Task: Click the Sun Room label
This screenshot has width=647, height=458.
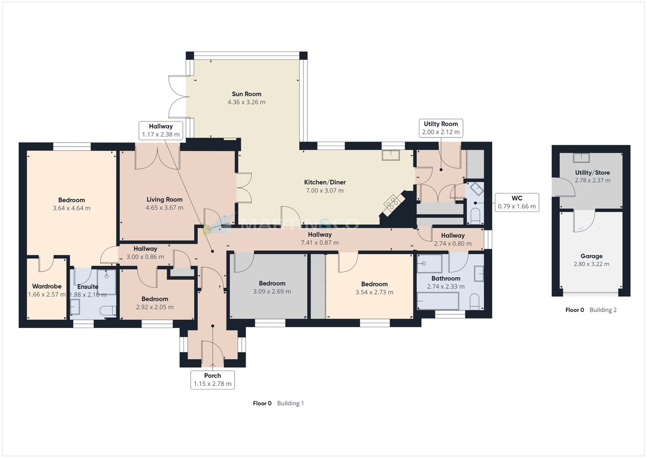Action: (246, 94)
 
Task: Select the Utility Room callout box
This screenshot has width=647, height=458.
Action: (441, 128)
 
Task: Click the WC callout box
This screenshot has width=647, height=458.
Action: (517, 202)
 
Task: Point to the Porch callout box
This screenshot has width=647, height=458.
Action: (212, 380)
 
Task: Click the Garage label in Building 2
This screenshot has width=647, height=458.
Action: (591, 256)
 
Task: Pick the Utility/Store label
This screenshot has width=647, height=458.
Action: (592, 173)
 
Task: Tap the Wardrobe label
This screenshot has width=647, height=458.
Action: (46, 286)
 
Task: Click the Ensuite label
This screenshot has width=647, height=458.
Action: (88, 286)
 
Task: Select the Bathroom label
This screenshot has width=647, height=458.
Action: (445, 278)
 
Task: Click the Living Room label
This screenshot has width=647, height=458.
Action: (164, 200)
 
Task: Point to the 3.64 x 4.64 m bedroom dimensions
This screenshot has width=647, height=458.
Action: (72, 208)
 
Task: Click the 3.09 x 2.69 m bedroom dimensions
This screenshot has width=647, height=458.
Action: (272, 292)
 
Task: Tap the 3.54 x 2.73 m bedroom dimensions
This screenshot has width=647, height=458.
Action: (374, 292)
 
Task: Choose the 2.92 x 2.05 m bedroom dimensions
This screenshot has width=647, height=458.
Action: (154, 307)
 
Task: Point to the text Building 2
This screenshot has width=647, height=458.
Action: (603, 310)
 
